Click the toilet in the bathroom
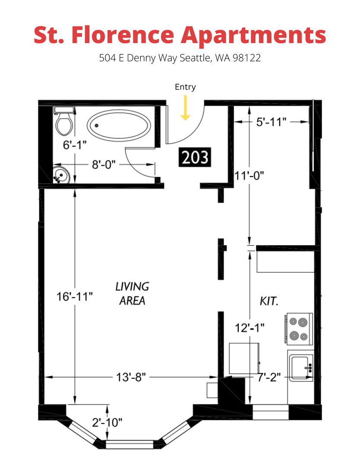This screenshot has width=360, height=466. point(65,123)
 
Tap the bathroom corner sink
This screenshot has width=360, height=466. point(61,176)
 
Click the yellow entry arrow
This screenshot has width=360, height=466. point(185,108)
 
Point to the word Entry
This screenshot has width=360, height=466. point(185,87)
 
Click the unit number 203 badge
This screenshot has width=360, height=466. point(195,158)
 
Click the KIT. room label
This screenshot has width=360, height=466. point(269,301)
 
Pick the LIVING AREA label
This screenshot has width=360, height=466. point(132,293)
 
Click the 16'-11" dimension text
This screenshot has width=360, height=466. point(75,297)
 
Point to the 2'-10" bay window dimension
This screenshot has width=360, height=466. point(107,422)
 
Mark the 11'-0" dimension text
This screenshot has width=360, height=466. point(249,176)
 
